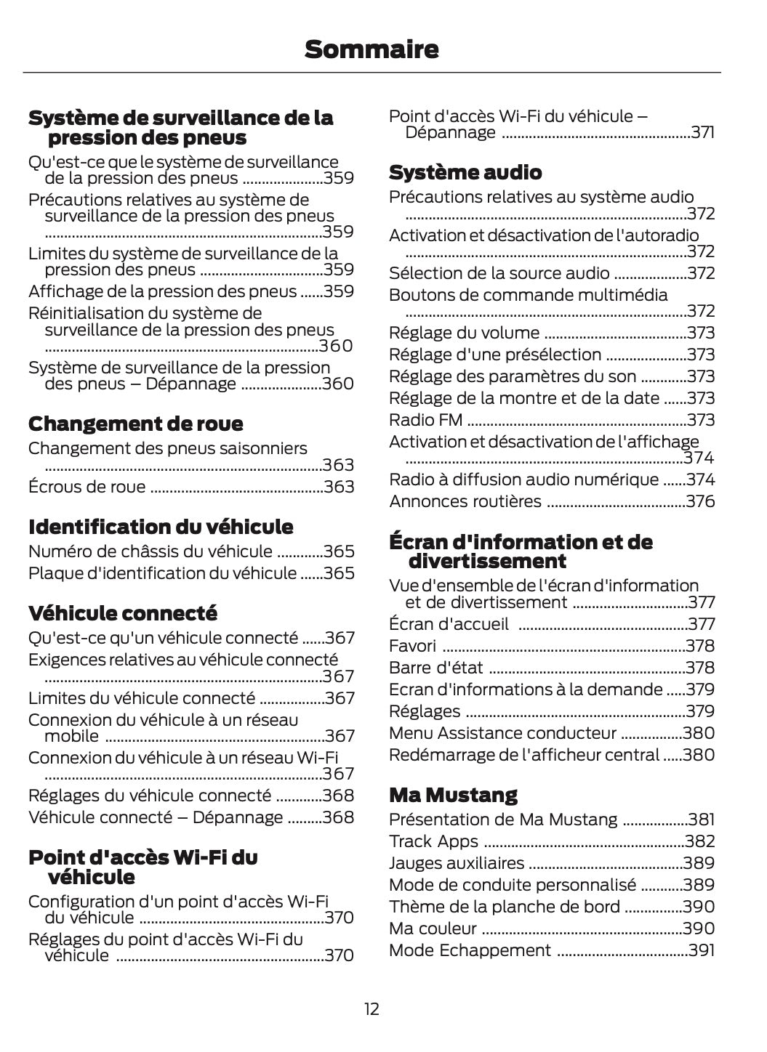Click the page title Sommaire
tap(372, 49)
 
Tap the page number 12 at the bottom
tap(372, 1008)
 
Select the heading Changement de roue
tap(135, 424)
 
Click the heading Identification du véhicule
tap(161, 527)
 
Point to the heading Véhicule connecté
tap(122, 613)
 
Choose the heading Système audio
tap(465, 172)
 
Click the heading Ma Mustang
tap(453, 795)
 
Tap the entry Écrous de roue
tap(87, 487)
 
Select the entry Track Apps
tap(433, 841)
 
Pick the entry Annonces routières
tap(465, 501)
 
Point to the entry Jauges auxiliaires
tap(457, 863)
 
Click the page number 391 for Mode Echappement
tap(702, 950)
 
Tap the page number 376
tap(701, 501)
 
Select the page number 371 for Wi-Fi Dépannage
tap(702, 132)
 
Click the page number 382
tap(700, 841)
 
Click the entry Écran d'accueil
tap(449, 624)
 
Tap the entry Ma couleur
tap(433, 928)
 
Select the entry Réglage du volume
tap(465, 333)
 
